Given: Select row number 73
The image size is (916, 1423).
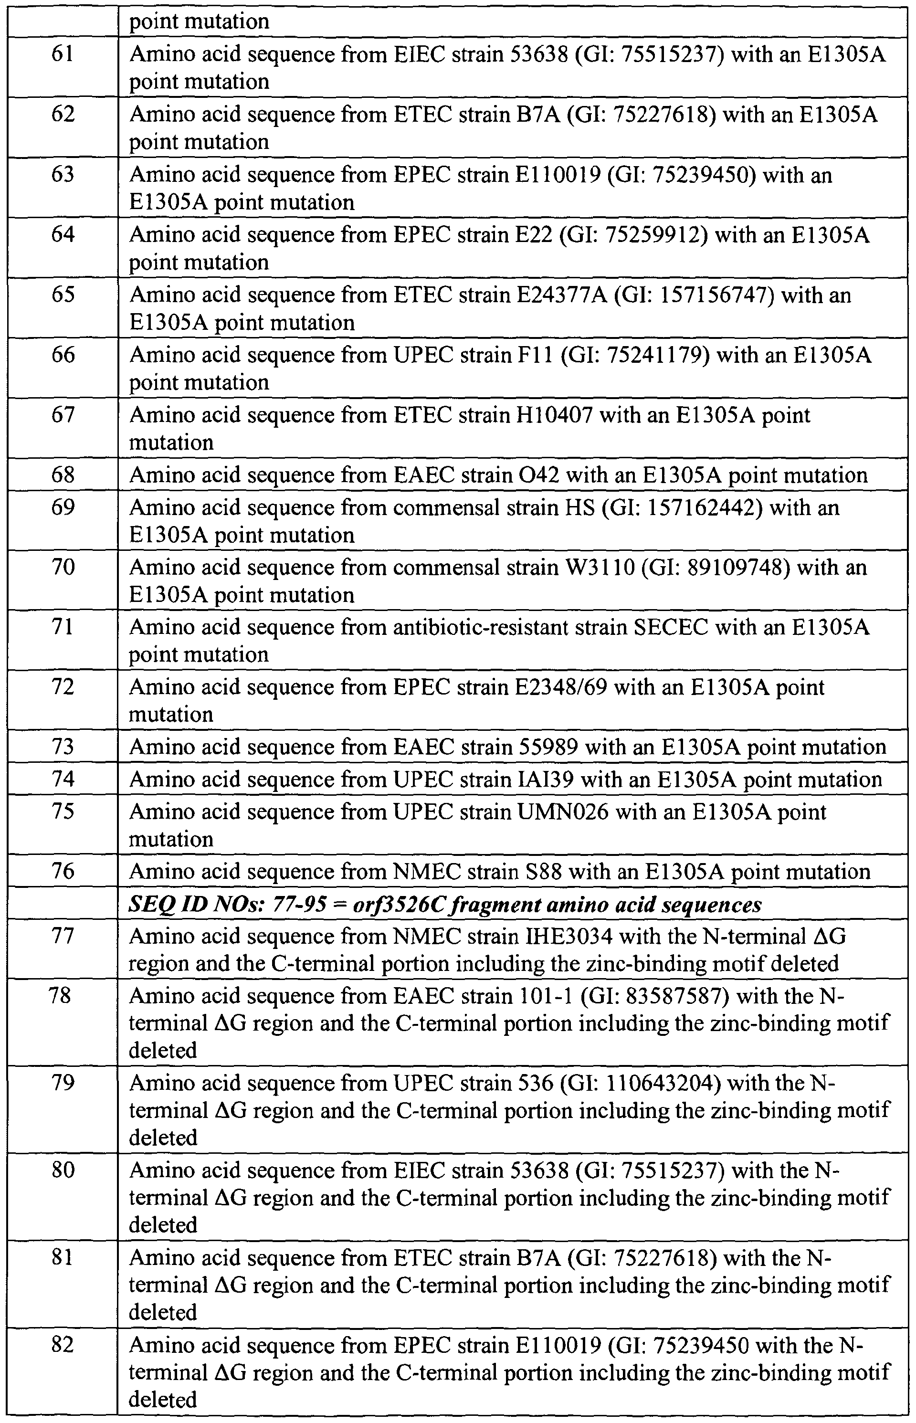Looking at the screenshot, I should (x=63, y=748).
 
